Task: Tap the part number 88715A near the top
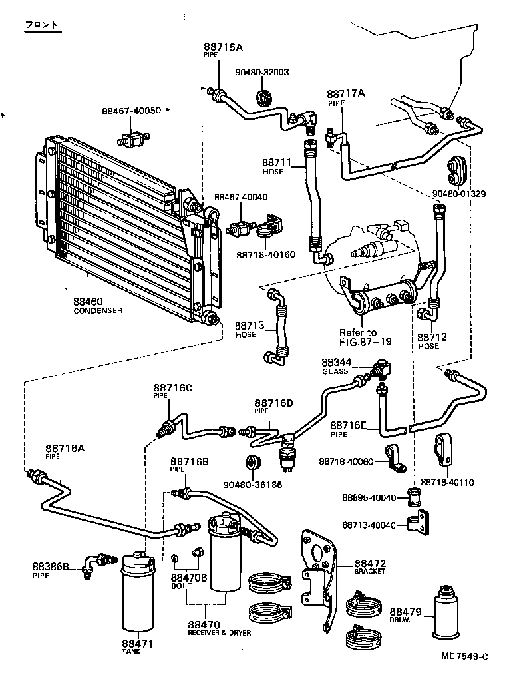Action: [x=223, y=47]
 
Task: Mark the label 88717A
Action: [x=345, y=94]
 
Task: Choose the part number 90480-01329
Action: [x=459, y=194]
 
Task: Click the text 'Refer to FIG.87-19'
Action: [x=365, y=337]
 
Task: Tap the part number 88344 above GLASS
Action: [x=336, y=363]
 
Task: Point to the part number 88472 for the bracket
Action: [x=370, y=563]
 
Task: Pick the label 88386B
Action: [x=50, y=566]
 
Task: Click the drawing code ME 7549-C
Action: [x=464, y=656]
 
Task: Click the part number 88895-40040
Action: [x=369, y=498]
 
